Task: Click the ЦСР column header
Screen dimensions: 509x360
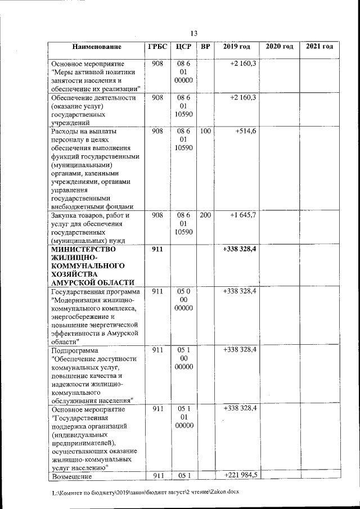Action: click(183, 46)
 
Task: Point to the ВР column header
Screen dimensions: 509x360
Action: click(205, 46)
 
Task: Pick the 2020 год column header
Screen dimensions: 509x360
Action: click(280, 46)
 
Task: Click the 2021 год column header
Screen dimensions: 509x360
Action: click(319, 46)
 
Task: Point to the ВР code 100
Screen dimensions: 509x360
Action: click(205, 131)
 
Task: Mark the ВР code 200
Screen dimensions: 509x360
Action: click(205, 215)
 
